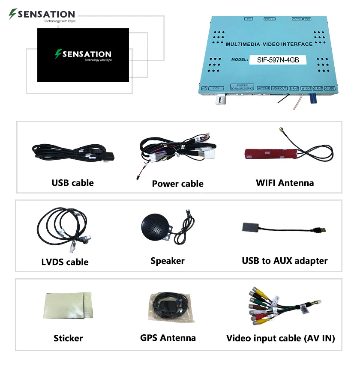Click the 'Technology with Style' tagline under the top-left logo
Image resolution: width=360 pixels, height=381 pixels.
[x=60, y=21]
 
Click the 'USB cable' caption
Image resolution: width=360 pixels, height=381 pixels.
[x=72, y=183]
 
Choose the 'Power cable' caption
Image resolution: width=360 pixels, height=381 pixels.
[x=177, y=184]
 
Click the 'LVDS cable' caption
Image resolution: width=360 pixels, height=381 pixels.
[x=65, y=262]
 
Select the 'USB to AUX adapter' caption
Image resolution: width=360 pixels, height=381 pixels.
[x=285, y=261]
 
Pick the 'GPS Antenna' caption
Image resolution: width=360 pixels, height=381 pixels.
[x=168, y=338]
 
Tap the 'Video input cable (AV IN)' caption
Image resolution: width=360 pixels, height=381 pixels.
[x=280, y=338]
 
